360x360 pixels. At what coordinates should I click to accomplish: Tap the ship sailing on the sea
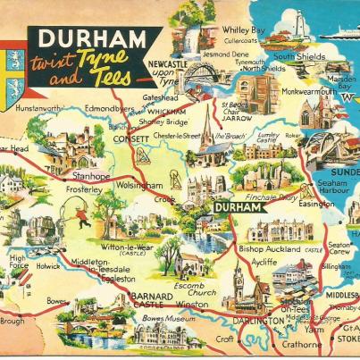(335, 31)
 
